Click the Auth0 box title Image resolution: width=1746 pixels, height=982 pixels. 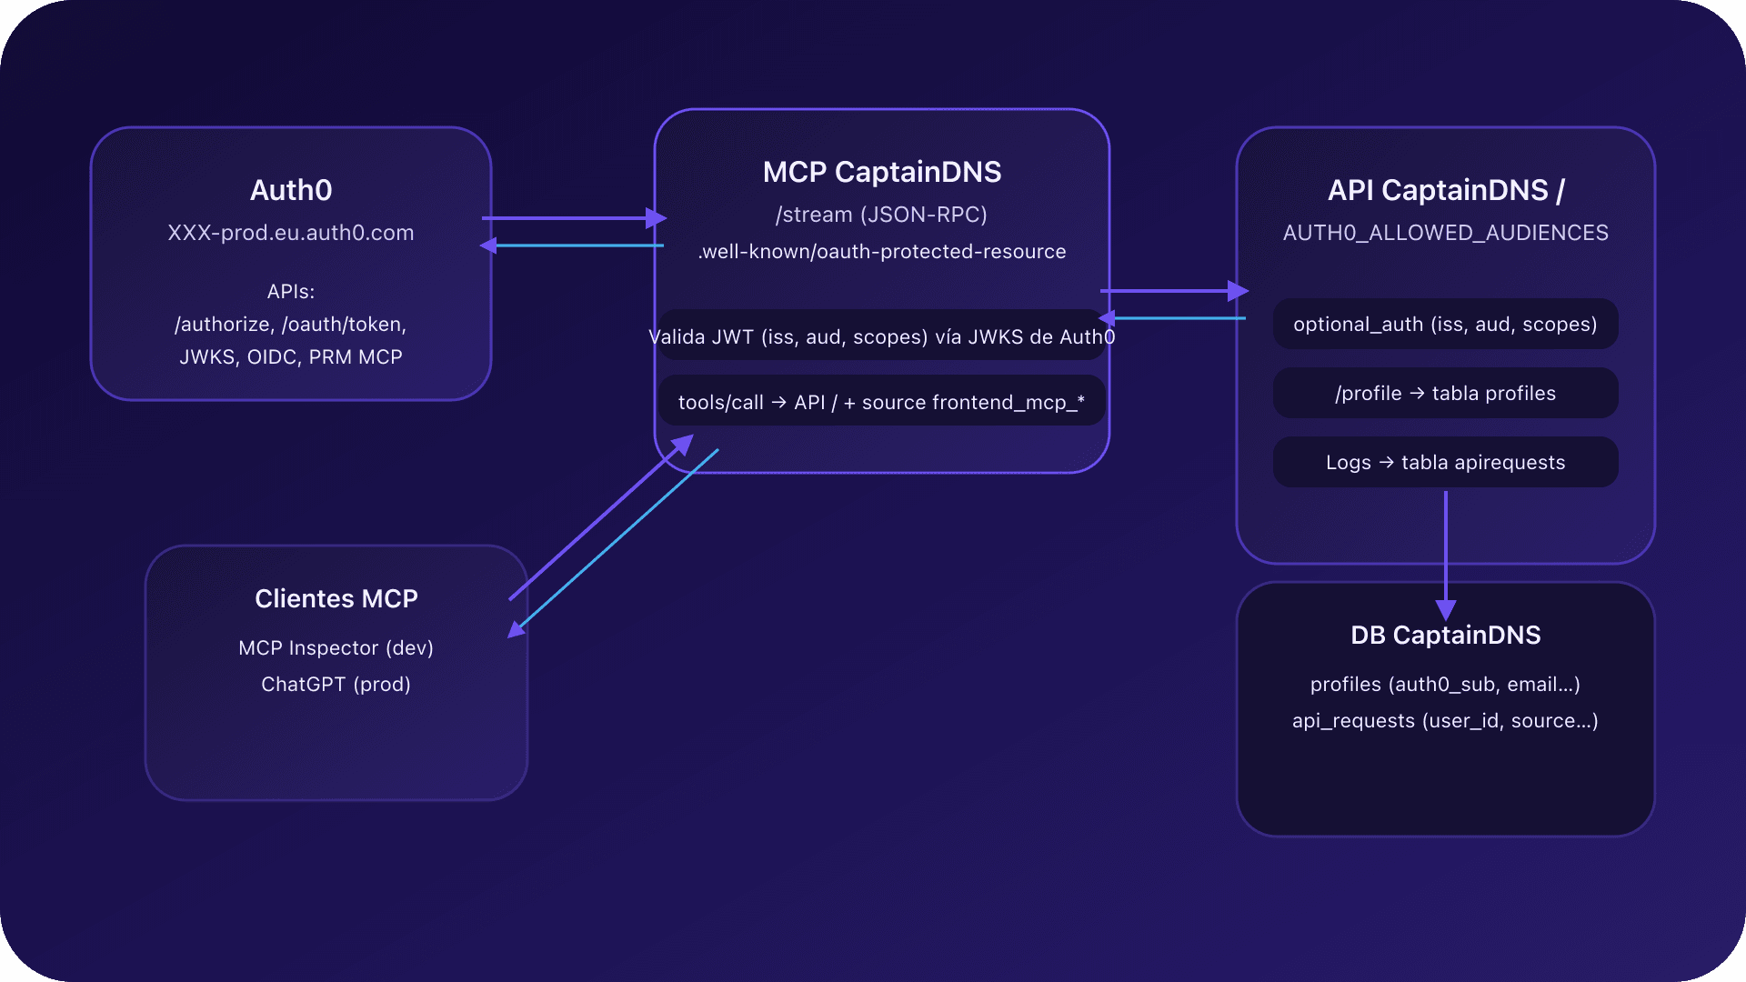(291, 190)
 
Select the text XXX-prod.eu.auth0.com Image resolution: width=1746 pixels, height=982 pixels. (291, 233)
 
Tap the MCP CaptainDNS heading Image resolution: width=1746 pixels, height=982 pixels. (881, 172)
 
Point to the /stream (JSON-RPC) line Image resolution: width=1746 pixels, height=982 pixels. (881, 215)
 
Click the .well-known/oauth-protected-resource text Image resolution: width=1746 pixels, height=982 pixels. (881, 252)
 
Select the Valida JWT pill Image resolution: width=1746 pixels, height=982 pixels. (881, 337)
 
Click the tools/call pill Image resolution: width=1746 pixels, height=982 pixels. (881, 402)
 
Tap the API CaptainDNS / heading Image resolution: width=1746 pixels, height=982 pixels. (1445, 190)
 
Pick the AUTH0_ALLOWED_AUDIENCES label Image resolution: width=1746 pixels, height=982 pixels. (1445, 233)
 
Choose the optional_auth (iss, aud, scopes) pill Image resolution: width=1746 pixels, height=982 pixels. (1445, 325)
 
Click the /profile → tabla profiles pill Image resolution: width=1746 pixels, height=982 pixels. (1445, 394)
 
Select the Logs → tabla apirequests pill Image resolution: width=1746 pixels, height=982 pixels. (1445, 463)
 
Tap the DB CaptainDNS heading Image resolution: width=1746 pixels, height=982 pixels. (1445, 635)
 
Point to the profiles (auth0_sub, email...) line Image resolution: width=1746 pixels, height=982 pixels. (1445, 685)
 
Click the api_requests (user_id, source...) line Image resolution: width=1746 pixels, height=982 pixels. (1445, 721)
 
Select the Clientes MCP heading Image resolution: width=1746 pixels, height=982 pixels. (336, 598)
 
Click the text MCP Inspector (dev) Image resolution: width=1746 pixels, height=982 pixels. (336, 648)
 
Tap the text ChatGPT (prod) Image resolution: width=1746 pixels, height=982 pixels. (336, 685)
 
